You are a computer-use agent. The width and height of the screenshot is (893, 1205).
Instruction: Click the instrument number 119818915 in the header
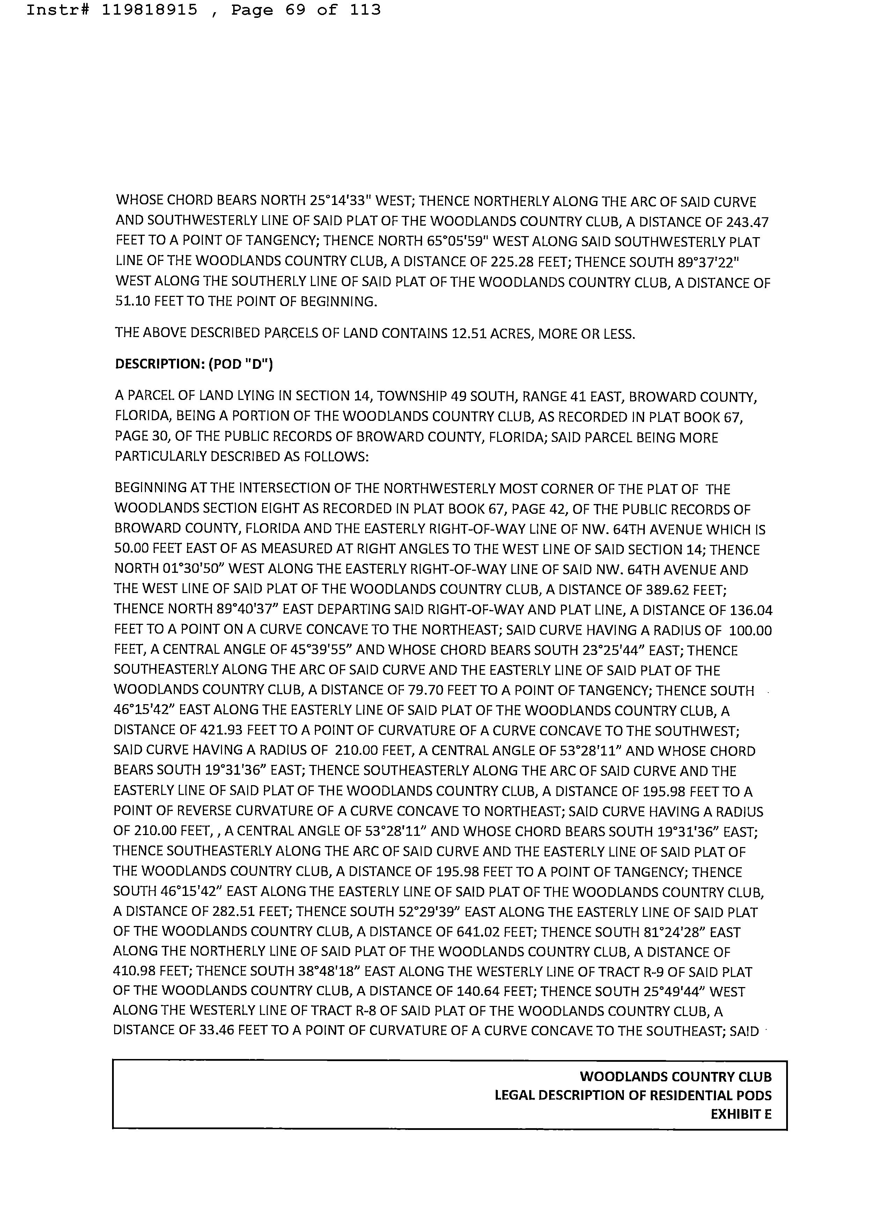(149, 10)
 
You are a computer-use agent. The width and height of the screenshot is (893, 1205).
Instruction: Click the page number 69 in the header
(295, 10)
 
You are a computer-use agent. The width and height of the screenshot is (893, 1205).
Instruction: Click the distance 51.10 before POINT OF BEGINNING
(132, 301)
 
